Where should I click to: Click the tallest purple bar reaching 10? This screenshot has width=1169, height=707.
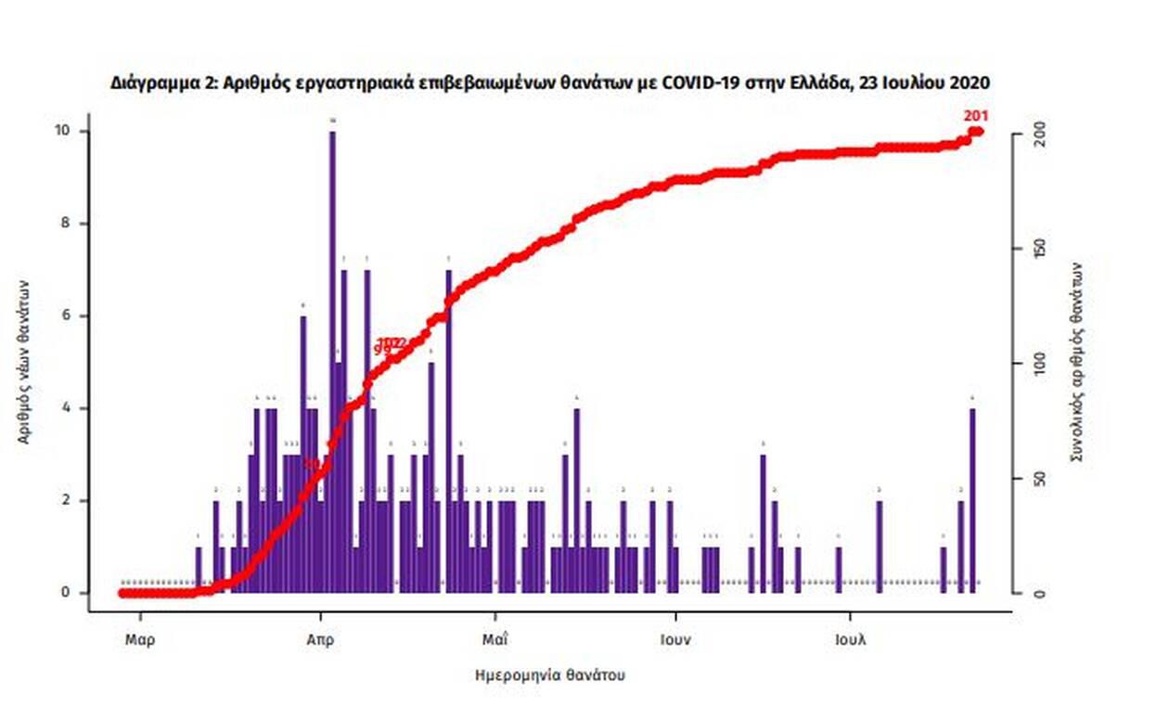click(332, 362)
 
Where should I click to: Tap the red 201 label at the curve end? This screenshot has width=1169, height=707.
click(976, 116)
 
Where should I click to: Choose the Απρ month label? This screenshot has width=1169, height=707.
click(320, 639)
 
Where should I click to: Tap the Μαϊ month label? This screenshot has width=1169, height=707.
click(495, 639)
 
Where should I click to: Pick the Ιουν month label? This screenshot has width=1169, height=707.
click(675, 639)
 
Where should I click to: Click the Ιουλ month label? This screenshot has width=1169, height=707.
click(850, 639)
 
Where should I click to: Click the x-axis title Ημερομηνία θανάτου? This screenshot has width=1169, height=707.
click(549, 675)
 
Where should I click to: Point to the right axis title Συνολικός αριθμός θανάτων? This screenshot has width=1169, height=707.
click(1076, 362)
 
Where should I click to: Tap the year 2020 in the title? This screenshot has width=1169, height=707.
click(970, 83)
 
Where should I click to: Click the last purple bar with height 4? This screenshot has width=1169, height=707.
click(972, 500)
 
